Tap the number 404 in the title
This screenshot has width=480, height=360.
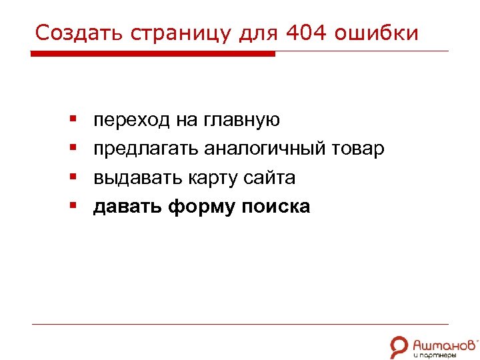tap(305, 32)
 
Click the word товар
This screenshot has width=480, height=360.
tap(363, 149)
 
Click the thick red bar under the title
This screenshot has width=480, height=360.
tap(153, 54)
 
